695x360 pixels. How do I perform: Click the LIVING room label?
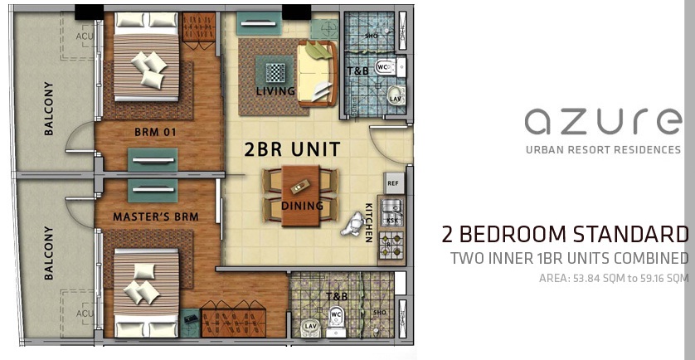pos(276,91)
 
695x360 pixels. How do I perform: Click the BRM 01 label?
pos(156,132)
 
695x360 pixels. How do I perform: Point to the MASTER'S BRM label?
pos(157,217)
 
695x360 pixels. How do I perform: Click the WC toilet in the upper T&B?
pos(383,66)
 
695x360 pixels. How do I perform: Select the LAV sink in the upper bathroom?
pos(396,98)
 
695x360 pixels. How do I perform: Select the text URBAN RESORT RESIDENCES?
pos(603,150)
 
